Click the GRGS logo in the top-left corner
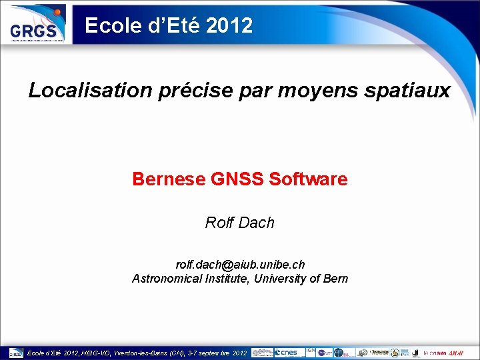tap(36, 25)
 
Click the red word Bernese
tap(169, 179)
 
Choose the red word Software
tap(308, 179)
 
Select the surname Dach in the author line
tap(257, 223)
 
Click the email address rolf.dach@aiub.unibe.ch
tap(240, 265)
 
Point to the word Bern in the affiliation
tap(335, 279)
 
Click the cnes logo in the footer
tap(289, 352)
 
